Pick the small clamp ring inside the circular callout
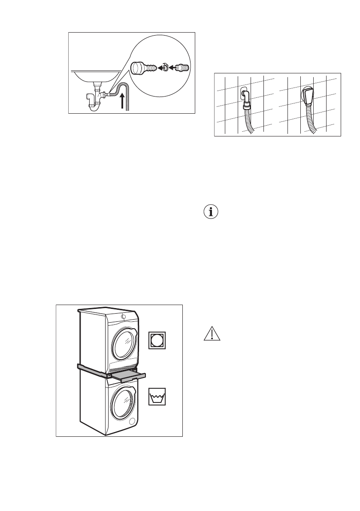pos(165,67)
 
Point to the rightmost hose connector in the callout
pos(183,67)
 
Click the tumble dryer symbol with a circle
pos(157,341)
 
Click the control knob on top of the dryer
pos(124,317)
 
